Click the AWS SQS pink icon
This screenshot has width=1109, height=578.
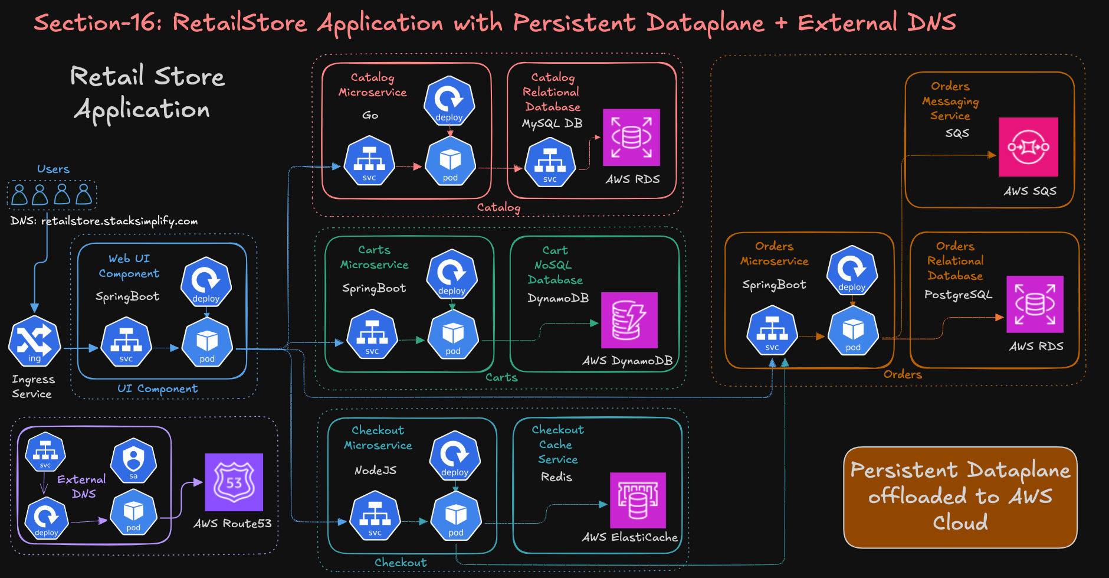click(1028, 147)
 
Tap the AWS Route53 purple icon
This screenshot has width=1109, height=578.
click(234, 482)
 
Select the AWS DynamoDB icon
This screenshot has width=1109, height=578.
click(629, 320)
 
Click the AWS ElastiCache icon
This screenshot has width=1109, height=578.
click(638, 500)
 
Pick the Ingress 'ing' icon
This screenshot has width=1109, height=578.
click(34, 341)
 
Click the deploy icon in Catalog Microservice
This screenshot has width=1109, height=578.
click(449, 100)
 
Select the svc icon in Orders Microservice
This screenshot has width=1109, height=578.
click(772, 331)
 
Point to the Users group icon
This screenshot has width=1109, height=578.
click(52, 194)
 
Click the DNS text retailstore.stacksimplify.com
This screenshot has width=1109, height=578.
click(104, 221)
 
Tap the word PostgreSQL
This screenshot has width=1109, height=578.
click(958, 294)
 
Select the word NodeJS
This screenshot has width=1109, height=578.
click(375, 470)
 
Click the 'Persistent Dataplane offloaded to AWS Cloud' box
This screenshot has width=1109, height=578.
click(960, 497)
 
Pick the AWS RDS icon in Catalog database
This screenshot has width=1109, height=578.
click(631, 137)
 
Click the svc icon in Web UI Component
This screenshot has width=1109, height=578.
click(126, 342)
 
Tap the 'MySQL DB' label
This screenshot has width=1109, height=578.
click(552, 123)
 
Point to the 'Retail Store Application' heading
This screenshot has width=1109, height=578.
click(147, 93)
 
